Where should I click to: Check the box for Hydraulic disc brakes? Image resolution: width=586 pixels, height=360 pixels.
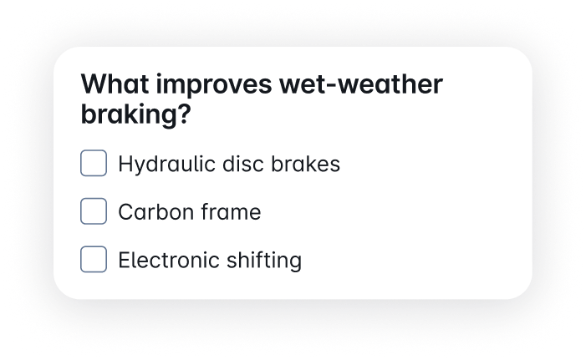tap(94, 163)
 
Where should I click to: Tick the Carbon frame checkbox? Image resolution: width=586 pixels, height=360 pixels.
tap(94, 211)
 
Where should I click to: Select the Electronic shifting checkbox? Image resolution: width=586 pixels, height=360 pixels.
tap(94, 259)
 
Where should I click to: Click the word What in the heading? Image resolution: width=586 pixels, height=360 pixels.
tap(115, 84)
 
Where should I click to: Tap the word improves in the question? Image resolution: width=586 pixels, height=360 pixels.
tap(214, 85)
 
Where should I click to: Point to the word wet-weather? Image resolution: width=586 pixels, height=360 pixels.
tap(361, 84)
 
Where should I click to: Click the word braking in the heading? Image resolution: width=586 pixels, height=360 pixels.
tap(128, 114)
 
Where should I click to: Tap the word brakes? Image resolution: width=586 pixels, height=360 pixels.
tap(305, 164)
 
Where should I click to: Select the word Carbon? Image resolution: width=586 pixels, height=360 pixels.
tap(155, 212)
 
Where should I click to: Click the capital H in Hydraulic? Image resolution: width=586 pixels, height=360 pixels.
tap(125, 164)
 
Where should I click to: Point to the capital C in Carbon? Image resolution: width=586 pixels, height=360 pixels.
tap(126, 212)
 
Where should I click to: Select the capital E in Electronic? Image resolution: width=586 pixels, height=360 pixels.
tap(125, 260)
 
